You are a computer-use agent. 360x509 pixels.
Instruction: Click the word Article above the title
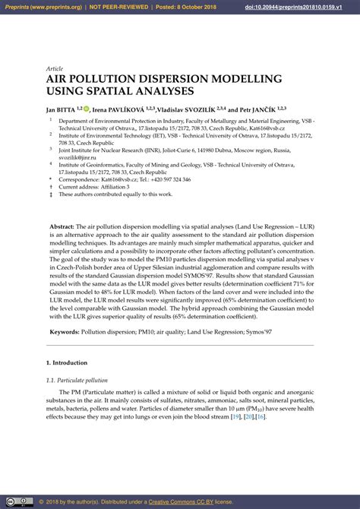pyautogui.click(x=55, y=68)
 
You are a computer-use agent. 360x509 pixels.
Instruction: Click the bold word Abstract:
pyautogui.click(x=62, y=227)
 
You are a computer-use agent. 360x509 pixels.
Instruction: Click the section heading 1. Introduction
pyautogui.click(x=67, y=364)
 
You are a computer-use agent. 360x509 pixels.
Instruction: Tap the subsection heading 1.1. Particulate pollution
pyautogui.click(x=77, y=380)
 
